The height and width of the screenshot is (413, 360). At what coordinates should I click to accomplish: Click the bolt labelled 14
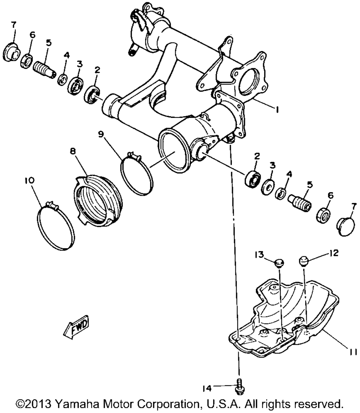tap(238, 385)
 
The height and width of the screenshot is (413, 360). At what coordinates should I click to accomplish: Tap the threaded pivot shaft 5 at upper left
tap(45, 67)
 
